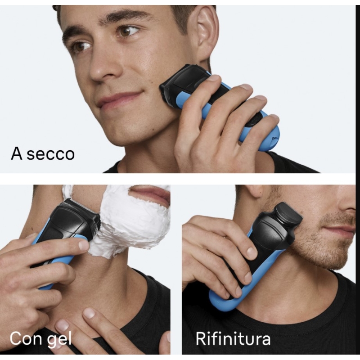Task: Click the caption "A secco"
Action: click(43, 153)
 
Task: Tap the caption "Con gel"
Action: click(40, 338)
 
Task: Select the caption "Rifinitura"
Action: click(233, 338)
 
